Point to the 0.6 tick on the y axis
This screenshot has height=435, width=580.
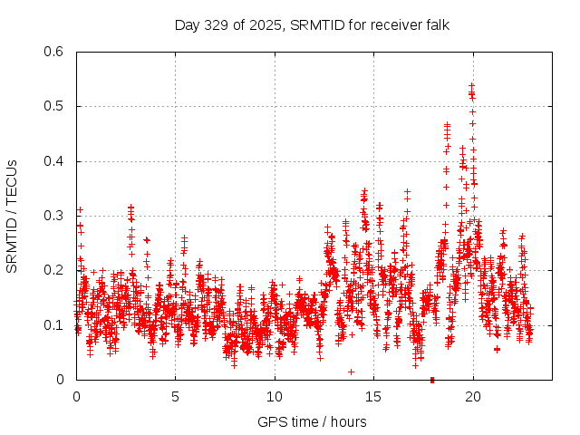pos(54,52)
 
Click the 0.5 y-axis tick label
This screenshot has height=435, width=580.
pos(54,107)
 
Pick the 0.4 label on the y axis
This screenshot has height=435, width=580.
pos(54,161)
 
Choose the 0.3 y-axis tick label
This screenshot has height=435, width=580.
pos(54,216)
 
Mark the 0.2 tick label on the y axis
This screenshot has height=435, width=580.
pos(54,270)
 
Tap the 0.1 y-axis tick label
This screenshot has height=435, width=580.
pos(54,324)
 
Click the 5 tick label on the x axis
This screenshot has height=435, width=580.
pos(175,396)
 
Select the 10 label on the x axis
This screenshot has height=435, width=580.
pos(275,396)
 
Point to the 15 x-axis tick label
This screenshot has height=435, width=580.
pos(373,396)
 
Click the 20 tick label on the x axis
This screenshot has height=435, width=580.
pos(472,396)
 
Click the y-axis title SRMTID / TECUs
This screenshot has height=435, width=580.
pos(12,216)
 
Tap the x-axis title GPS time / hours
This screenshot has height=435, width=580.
pos(312,421)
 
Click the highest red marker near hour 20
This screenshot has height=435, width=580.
pos(471,86)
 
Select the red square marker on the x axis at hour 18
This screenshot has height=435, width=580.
pos(432,380)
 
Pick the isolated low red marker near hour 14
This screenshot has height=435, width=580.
pos(351,372)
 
